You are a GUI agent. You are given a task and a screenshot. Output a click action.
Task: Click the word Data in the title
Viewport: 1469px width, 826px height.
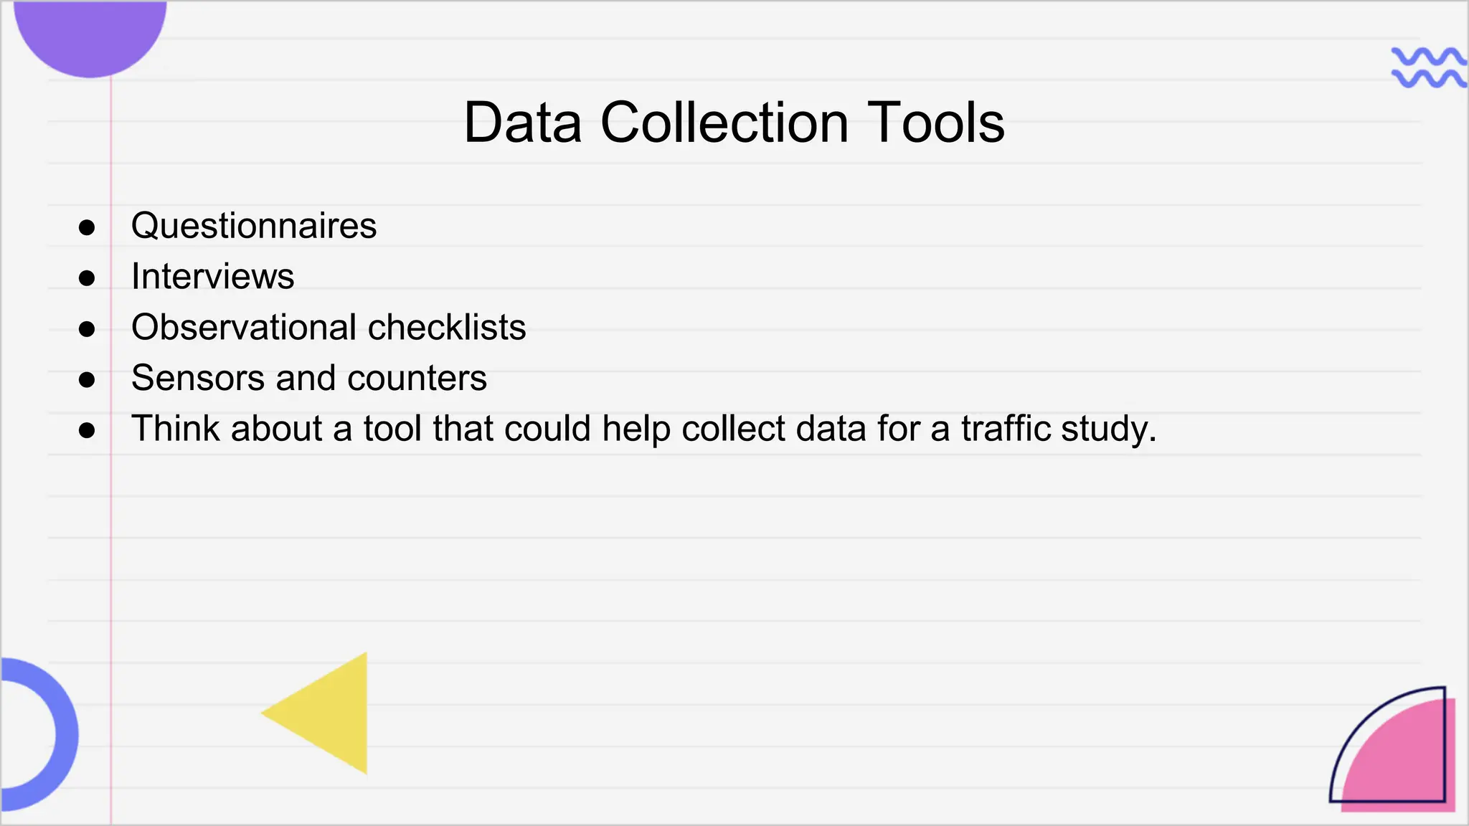click(522, 123)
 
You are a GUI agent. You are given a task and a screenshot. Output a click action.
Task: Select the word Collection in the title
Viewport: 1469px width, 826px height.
click(724, 123)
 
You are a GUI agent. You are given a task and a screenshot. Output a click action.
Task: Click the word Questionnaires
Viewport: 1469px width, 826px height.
click(253, 226)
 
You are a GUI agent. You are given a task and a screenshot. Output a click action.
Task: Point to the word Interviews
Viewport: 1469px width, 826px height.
click(212, 277)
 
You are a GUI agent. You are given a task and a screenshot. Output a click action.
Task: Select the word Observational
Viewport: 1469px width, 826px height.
click(244, 328)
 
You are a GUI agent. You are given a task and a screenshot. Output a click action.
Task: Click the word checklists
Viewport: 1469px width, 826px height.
click(447, 328)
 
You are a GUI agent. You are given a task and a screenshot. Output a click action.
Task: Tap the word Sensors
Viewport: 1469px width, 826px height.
click(198, 378)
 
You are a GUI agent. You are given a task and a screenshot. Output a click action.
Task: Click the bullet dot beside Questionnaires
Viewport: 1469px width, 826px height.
click(87, 228)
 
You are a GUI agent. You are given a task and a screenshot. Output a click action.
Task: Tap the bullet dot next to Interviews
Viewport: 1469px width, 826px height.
click(87, 278)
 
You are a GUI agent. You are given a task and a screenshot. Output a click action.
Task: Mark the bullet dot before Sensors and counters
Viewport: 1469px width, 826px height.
click(87, 379)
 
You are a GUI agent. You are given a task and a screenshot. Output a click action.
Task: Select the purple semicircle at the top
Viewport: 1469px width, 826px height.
click(90, 36)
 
